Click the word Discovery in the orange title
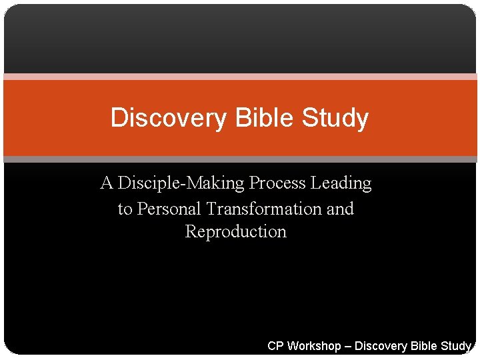tap(168, 118)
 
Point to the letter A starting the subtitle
tap(107, 183)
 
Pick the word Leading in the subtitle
tap(345, 183)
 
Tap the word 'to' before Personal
tap(125, 209)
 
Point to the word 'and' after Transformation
tap(340, 209)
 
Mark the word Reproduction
tap(235, 232)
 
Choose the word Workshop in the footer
tap(313, 346)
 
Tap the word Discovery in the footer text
tap(380, 346)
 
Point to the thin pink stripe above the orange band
tap(240, 77)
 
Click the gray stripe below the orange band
tap(240, 159)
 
